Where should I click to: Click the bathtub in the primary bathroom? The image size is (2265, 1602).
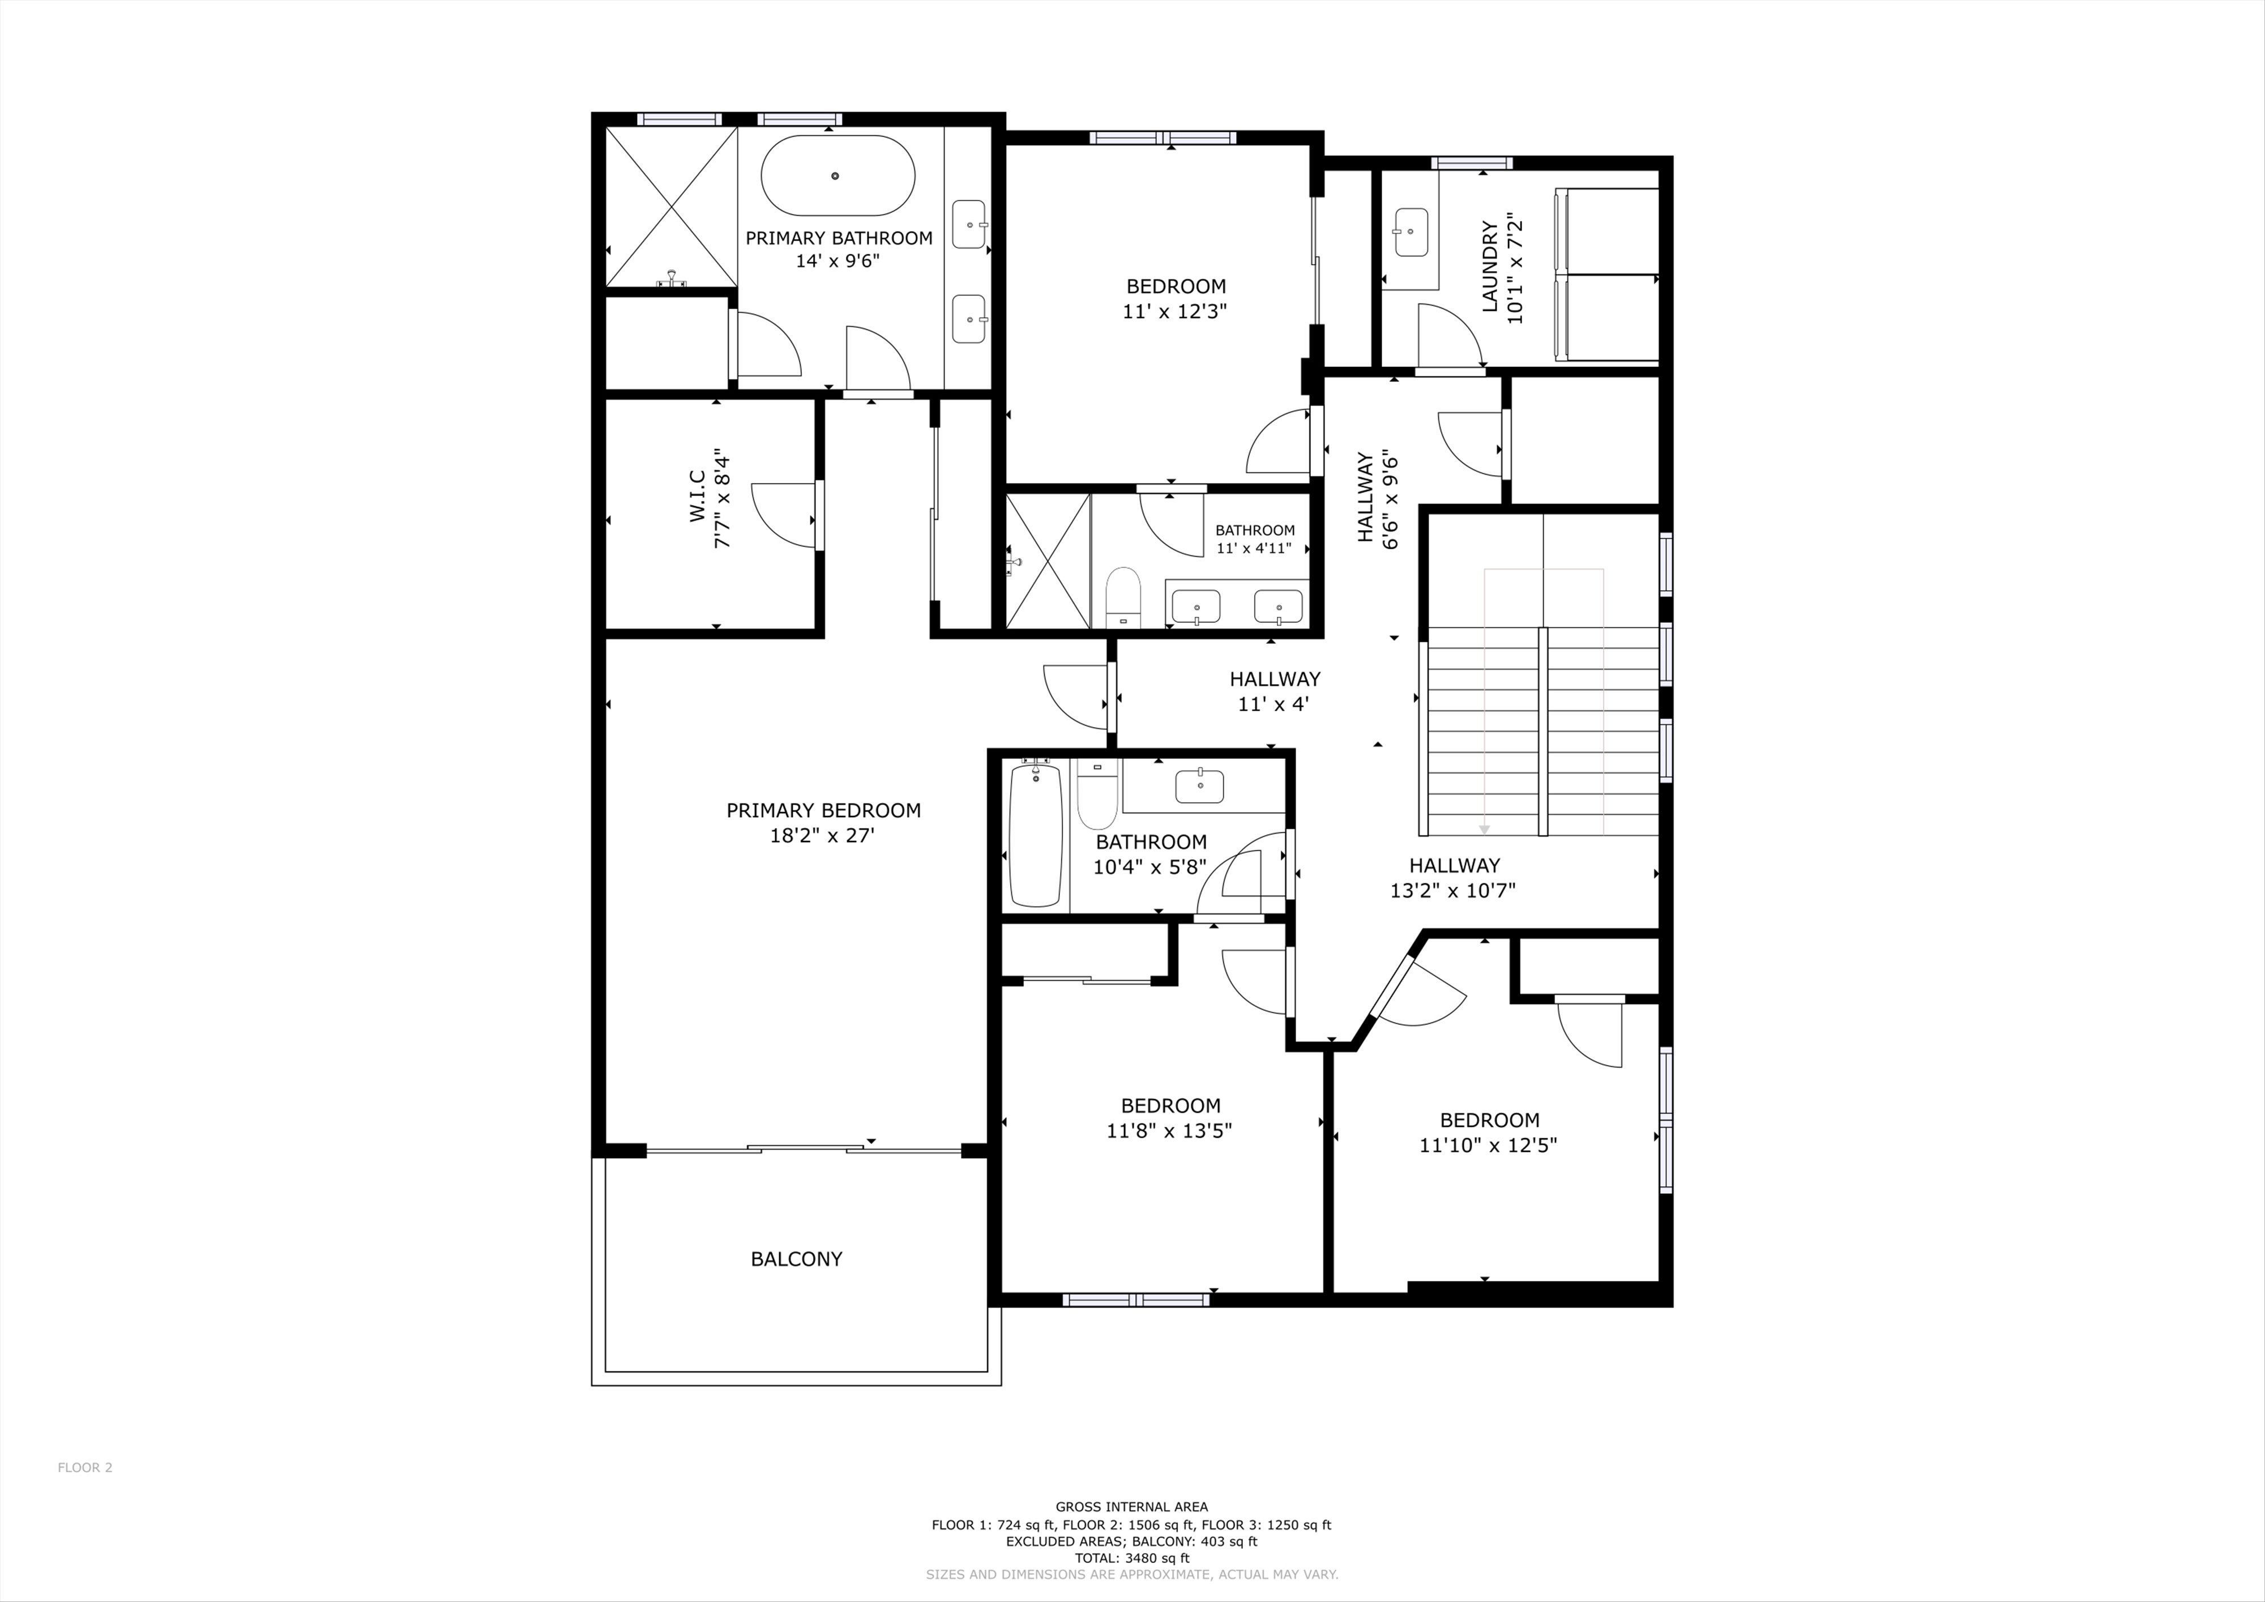click(837, 176)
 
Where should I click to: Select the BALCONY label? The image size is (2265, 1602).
click(796, 1259)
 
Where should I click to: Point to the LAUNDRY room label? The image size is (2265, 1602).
click(1490, 266)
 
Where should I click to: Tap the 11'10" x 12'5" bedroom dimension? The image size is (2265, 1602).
click(1489, 1145)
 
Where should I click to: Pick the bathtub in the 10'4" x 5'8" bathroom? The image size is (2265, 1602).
click(1035, 835)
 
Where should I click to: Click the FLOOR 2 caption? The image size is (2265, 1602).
click(85, 1494)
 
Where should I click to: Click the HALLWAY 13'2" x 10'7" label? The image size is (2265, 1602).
click(1453, 878)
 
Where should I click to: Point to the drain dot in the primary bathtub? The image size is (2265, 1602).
click(836, 176)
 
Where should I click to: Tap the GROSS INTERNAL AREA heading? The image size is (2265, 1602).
click(1131, 1506)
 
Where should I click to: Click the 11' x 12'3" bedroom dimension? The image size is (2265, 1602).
click(1175, 311)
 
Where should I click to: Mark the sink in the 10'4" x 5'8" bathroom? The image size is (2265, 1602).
click(1199, 786)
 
